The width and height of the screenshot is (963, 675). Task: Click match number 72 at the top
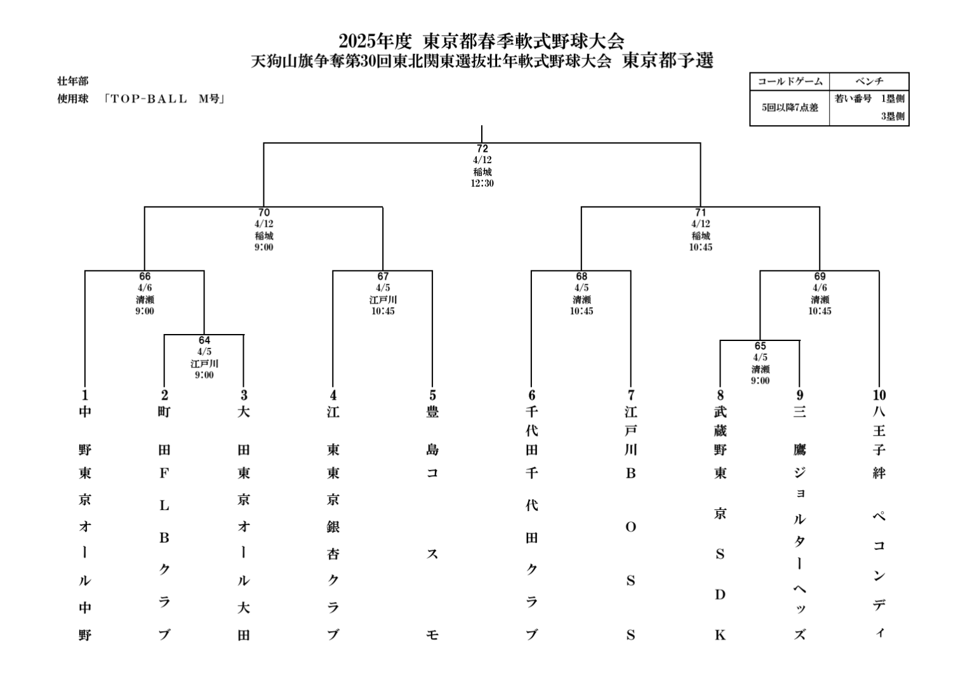tap(482, 149)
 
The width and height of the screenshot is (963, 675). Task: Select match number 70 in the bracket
tap(263, 213)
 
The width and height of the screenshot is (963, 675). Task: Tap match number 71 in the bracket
tap(700, 213)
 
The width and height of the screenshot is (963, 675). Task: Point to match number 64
tap(204, 340)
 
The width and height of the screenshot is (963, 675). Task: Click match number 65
tap(760, 346)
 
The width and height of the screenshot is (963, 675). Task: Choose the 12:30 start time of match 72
tap(482, 184)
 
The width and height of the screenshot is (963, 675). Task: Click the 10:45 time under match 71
tap(700, 247)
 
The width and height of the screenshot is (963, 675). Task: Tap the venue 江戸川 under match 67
tap(383, 300)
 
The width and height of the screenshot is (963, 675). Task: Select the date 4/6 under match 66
tap(145, 288)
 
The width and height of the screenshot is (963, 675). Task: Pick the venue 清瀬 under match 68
tap(581, 300)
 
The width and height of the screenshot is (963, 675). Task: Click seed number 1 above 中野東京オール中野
tap(85, 396)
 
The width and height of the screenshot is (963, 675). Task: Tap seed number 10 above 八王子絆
tap(879, 396)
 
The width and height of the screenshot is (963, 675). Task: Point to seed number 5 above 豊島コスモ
tap(432, 396)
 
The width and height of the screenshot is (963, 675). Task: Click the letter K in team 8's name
tap(720, 635)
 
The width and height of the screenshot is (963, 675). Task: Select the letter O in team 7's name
tap(630, 527)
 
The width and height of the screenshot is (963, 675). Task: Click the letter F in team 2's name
tap(164, 473)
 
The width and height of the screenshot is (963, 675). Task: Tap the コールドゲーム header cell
tap(790, 81)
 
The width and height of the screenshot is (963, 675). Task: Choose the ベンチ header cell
tap(869, 81)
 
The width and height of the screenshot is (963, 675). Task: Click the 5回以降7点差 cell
tap(790, 107)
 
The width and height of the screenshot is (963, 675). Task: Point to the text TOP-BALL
tap(150, 99)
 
